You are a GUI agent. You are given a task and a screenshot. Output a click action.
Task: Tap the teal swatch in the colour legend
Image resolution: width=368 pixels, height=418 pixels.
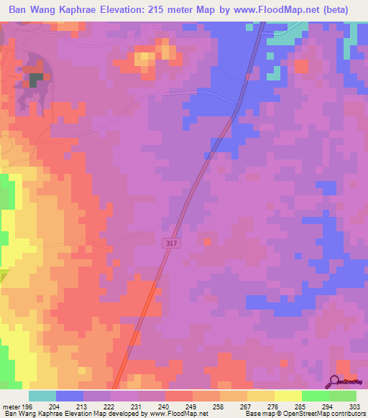42,396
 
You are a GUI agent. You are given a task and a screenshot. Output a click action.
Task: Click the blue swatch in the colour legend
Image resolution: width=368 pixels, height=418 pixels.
70,396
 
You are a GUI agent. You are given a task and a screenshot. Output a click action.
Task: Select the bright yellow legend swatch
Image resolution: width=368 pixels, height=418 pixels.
287,396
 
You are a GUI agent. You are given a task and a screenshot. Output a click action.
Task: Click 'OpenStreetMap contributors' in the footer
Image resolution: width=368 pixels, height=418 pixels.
325,414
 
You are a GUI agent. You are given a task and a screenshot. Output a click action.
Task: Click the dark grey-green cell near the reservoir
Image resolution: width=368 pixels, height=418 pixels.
34,78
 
